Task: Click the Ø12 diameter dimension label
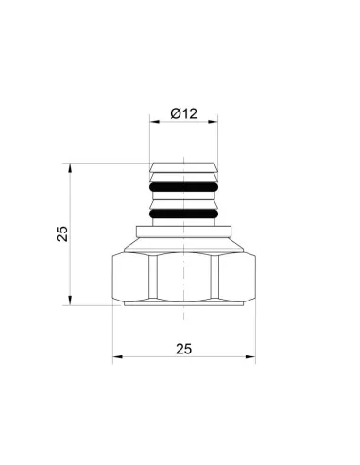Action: [183, 113]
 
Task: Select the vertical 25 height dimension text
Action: [62, 233]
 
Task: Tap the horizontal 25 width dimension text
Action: [183, 349]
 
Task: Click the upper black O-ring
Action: [184, 186]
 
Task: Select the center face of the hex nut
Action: [184, 278]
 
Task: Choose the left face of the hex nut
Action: [131, 278]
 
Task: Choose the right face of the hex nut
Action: [237, 278]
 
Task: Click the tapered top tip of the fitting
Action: [184, 169]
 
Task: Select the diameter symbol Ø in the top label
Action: [176, 113]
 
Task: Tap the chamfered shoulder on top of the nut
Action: [184, 247]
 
